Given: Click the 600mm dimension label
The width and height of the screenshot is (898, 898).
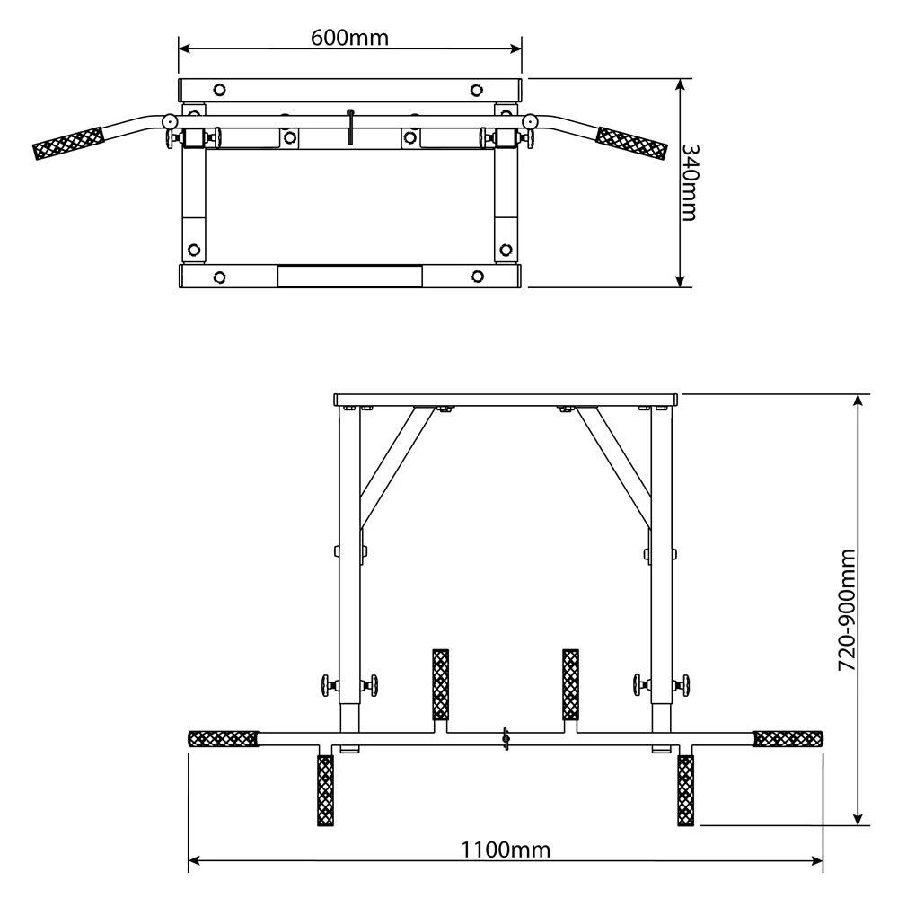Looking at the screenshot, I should coord(350,37).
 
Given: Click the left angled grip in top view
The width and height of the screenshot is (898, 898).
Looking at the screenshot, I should coord(68,144).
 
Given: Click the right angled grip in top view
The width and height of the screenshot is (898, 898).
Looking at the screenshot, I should coord(633,143).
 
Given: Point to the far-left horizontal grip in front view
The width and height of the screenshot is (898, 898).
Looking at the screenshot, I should coord(223,739).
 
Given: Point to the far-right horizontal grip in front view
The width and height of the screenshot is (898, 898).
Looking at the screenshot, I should coord(788,739).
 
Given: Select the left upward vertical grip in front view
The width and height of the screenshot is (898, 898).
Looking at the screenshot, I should coord(440,684).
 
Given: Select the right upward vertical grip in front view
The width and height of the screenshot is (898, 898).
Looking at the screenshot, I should coord(570,684).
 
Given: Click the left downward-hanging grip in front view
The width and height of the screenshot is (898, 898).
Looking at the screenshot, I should coord(324,789).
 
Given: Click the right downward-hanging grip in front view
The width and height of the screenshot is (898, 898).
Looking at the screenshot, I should coord(686,789).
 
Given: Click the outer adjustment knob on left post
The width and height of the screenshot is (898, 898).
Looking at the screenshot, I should coord(322,686).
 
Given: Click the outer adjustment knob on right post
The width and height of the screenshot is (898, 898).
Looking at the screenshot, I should coord(689,686).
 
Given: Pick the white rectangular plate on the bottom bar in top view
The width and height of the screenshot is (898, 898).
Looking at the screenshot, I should coord(349,276).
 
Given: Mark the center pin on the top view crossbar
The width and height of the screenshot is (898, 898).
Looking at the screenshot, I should coord(351,125).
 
